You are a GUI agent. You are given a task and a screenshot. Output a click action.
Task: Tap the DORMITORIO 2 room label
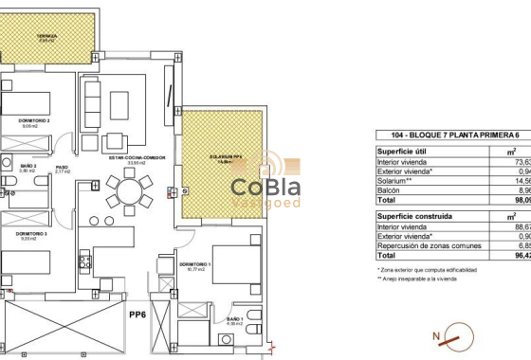tap(35, 121)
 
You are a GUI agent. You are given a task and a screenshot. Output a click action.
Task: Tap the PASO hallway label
tap(62, 167)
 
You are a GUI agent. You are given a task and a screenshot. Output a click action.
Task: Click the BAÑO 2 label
tap(28, 167)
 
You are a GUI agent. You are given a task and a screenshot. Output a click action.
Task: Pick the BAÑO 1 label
tap(234, 320)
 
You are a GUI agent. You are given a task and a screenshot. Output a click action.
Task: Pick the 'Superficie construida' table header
tap(409, 216)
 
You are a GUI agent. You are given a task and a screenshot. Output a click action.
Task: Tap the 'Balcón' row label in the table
tap(390, 189)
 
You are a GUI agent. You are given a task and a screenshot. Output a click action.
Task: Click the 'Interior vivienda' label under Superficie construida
tap(401, 226)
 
